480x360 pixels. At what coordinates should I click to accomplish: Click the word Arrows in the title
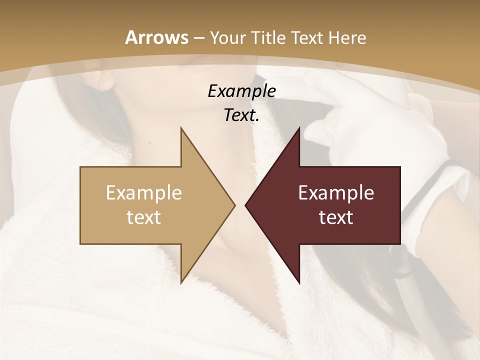pyautogui.click(x=157, y=37)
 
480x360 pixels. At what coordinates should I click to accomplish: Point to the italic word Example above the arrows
pyautogui.click(x=241, y=91)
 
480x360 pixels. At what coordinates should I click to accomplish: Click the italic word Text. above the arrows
pyautogui.click(x=241, y=115)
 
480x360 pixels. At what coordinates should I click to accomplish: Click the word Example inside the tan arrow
pyautogui.click(x=144, y=192)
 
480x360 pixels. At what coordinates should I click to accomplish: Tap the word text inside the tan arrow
pyautogui.click(x=144, y=217)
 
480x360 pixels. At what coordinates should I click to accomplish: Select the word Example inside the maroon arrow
pyautogui.click(x=336, y=192)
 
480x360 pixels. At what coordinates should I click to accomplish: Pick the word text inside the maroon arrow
pyautogui.click(x=336, y=217)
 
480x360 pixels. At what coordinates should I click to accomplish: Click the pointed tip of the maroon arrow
pyautogui.click(x=246, y=205)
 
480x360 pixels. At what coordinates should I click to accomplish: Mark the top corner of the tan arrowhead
pyautogui.click(x=181, y=128)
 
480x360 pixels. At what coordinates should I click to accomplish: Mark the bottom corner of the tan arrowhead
pyautogui.click(x=181, y=282)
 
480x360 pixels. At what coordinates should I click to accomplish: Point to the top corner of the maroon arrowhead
pyautogui.click(x=299, y=128)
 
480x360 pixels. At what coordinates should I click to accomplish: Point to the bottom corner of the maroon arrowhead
pyautogui.click(x=299, y=282)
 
